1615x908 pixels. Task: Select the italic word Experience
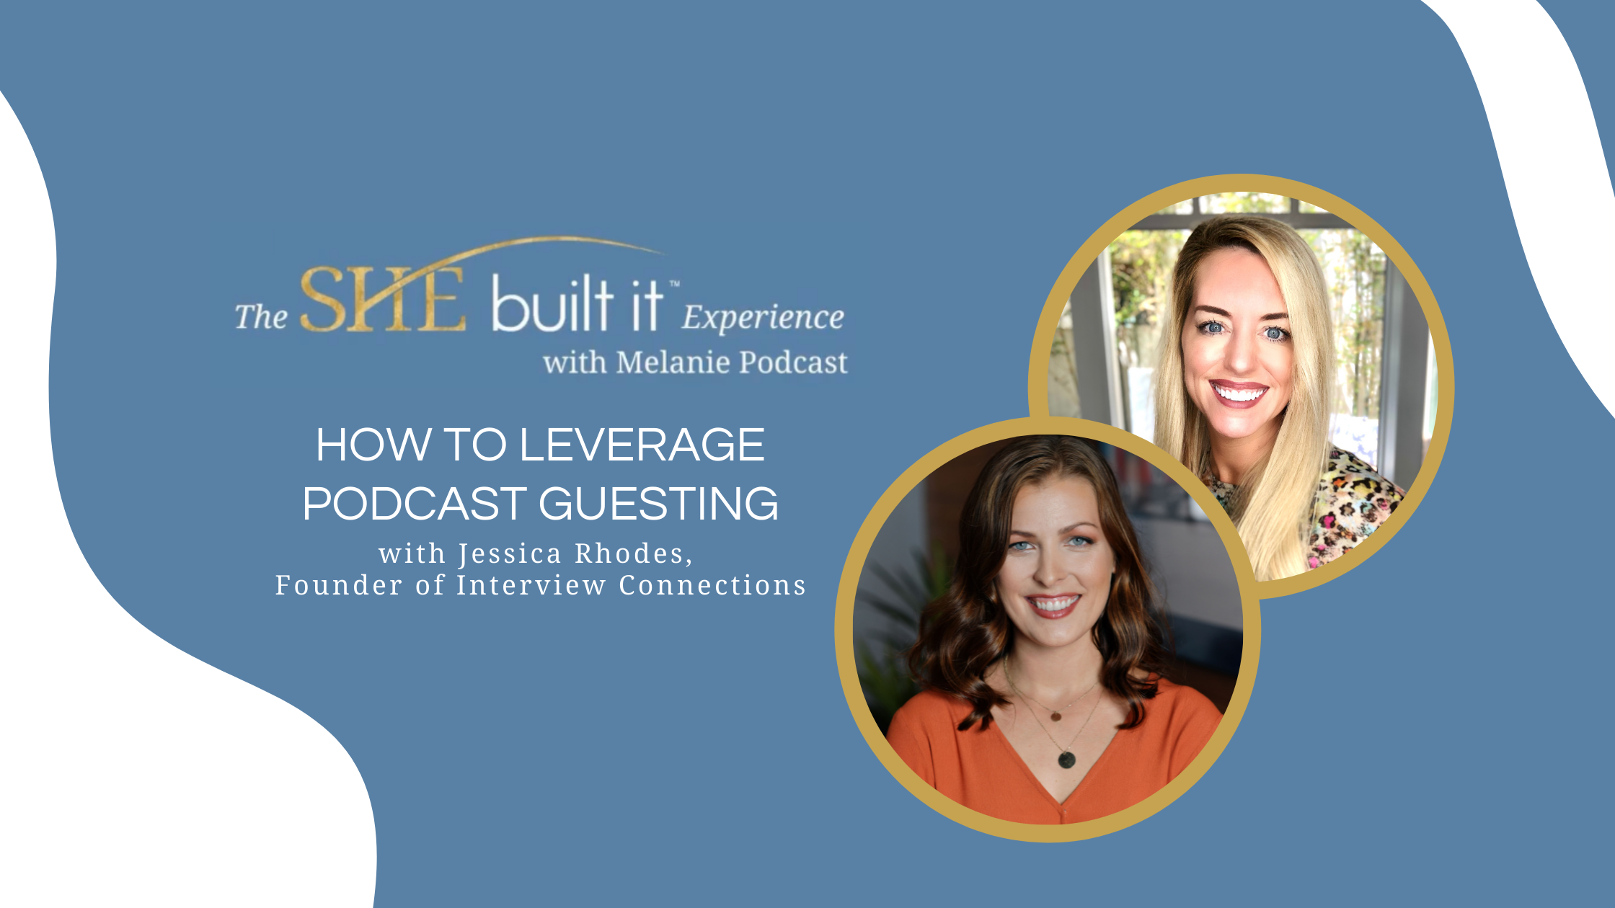click(x=763, y=318)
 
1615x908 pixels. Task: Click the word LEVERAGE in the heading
click(x=641, y=445)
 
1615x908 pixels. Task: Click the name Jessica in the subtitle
click(x=510, y=553)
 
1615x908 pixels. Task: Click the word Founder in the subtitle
click(x=338, y=585)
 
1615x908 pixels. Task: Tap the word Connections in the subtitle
click(x=712, y=585)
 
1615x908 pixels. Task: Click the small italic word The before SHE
click(x=261, y=318)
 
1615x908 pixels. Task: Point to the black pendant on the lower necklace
click(x=1066, y=759)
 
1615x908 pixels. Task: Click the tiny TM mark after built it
click(x=674, y=285)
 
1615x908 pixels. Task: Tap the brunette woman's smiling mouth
click(x=1053, y=604)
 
